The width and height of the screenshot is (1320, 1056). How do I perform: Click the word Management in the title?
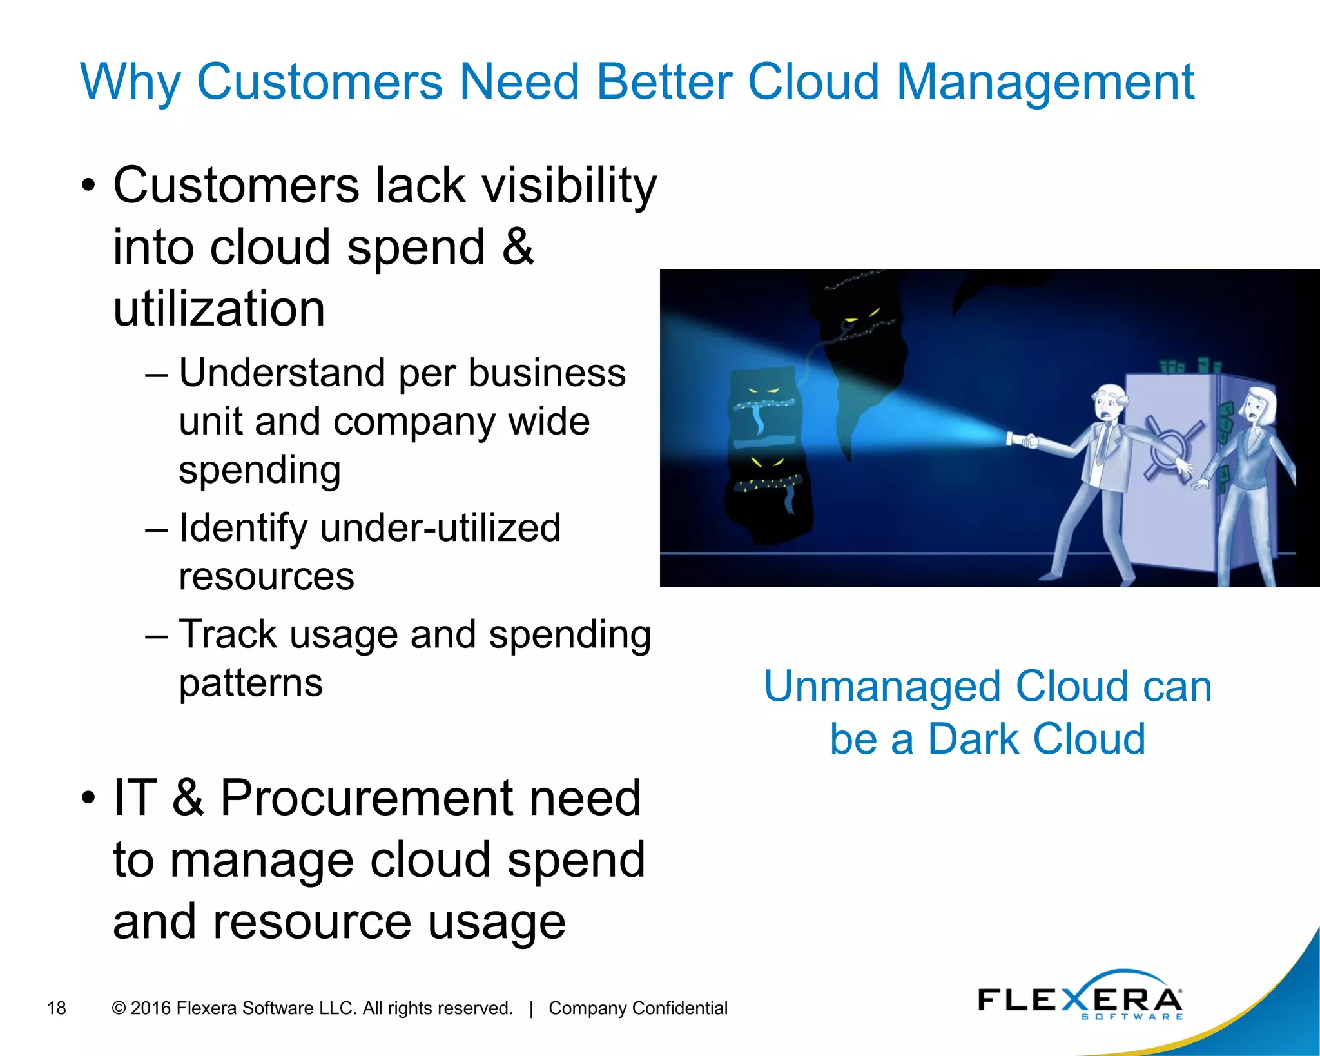point(1045,83)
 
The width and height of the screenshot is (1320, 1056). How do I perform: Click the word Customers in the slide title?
point(320,83)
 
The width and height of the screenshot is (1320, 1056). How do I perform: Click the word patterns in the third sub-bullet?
point(251,683)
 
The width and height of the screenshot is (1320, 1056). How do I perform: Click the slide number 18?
point(57,1008)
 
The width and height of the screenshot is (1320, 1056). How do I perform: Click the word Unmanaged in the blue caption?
point(882,686)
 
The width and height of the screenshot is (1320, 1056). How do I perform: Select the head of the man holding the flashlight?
point(1109,404)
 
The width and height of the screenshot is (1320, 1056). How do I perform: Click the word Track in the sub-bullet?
point(228,634)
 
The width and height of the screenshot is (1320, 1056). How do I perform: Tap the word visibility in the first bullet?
point(569,186)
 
